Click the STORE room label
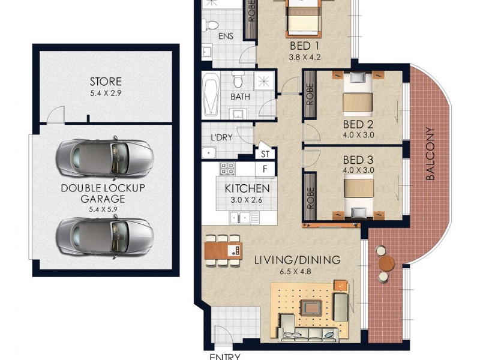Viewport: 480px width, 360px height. pos(106,82)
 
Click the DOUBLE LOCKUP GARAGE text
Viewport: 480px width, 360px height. pos(103,193)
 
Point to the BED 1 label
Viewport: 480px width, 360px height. pos(300,46)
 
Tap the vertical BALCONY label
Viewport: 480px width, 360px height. pos(430,154)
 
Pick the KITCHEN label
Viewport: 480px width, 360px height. pos(247,188)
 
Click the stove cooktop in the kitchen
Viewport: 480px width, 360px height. pos(227,169)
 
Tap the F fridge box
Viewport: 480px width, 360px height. pos(265,169)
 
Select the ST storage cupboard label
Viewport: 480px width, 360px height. pos(265,154)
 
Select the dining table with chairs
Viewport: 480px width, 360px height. pos(223,249)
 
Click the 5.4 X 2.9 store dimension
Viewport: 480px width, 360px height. pos(106,93)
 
